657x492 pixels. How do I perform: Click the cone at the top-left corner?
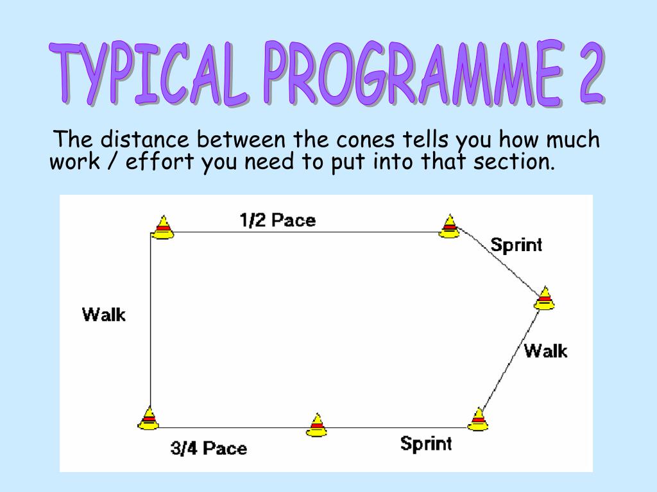[x=163, y=227]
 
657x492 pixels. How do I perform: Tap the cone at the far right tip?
[x=545, y=299]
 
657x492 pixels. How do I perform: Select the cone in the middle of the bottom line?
[x=316, y=425]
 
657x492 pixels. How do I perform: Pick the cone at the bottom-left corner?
[x=148, y=418]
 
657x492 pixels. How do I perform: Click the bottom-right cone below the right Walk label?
[x=478, y=420]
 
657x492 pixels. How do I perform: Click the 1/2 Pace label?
[x=277, y=220]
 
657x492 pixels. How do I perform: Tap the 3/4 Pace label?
[x=209, y=448]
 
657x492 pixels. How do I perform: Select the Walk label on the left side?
[x=104, y=315]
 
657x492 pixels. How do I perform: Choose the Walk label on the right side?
[x=545, y=350]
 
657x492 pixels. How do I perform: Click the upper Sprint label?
[x=516, y=245]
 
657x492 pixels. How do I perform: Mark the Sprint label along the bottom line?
[x=425, y=443]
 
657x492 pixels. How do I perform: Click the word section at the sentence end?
[x=513, y=162]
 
